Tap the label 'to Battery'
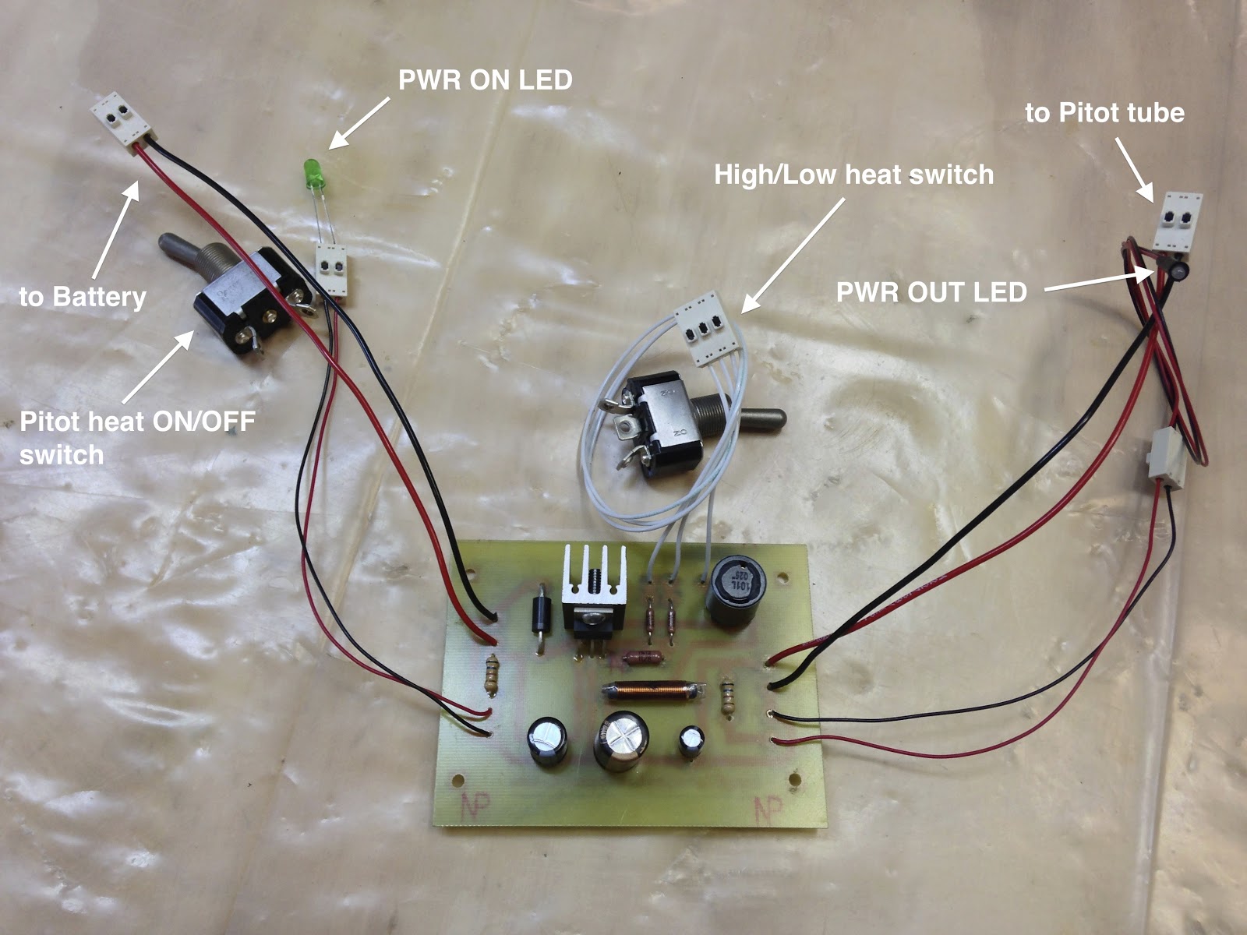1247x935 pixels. [83, 297]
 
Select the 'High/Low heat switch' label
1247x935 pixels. [853, 175]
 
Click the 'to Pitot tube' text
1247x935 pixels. [1104, 113]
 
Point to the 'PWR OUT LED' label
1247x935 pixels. [931, 292]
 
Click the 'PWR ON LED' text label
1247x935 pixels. [485, 80]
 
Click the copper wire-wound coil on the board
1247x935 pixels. [653, 689]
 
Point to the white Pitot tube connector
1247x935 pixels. [1179, 221]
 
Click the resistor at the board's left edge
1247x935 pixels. [491, 675]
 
